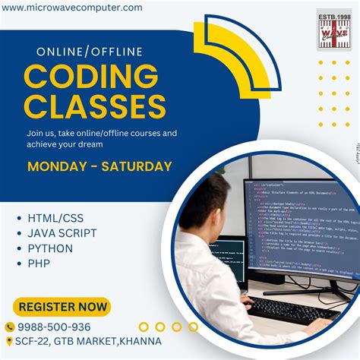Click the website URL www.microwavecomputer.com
[x=71, y=8]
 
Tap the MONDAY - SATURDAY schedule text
[x=99, y=166]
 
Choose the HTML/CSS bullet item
[x=56, y=218]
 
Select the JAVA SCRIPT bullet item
[x=62, y=233]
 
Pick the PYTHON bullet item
[x=50, y=248]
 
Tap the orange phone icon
[x=10, y=327]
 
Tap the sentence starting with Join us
[x=101, y=138]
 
